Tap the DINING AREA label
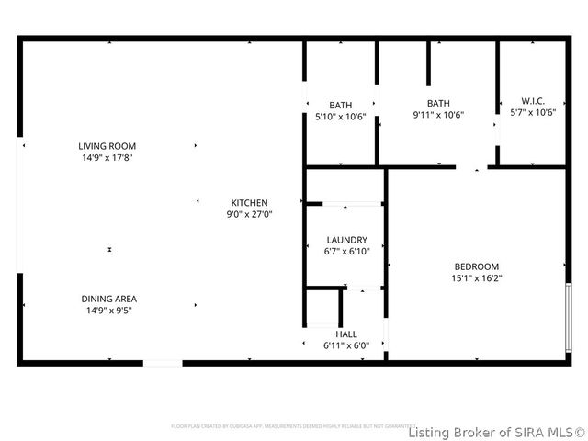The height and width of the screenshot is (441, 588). tap(108, 299)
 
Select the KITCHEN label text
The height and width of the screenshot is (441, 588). tap(249, 203)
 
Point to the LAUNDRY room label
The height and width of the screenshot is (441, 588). tap(346, 240)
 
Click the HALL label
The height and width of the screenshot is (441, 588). tap(346, 334)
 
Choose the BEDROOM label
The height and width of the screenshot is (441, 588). tap(476, 266)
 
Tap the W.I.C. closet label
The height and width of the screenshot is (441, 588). tap(533, 101)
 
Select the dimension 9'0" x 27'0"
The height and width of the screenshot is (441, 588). tap(249, 214)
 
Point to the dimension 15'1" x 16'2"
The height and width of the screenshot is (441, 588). tap(476, 277)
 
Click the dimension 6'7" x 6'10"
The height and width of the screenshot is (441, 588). tap(347, 252)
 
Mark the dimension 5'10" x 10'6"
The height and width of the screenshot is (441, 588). tap(341, 117)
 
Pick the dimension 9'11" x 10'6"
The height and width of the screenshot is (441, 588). tap(438, 115)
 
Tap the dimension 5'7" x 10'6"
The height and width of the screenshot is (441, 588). tap(533, 112)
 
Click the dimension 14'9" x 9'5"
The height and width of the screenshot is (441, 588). tap(108, 311)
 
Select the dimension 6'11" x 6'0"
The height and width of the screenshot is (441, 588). tap(345, 346)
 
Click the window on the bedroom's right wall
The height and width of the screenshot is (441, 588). tap(569, 317)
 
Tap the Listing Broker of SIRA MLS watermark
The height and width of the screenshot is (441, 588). tap(496, 432)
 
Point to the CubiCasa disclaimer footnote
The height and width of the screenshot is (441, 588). tap(287, 426)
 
